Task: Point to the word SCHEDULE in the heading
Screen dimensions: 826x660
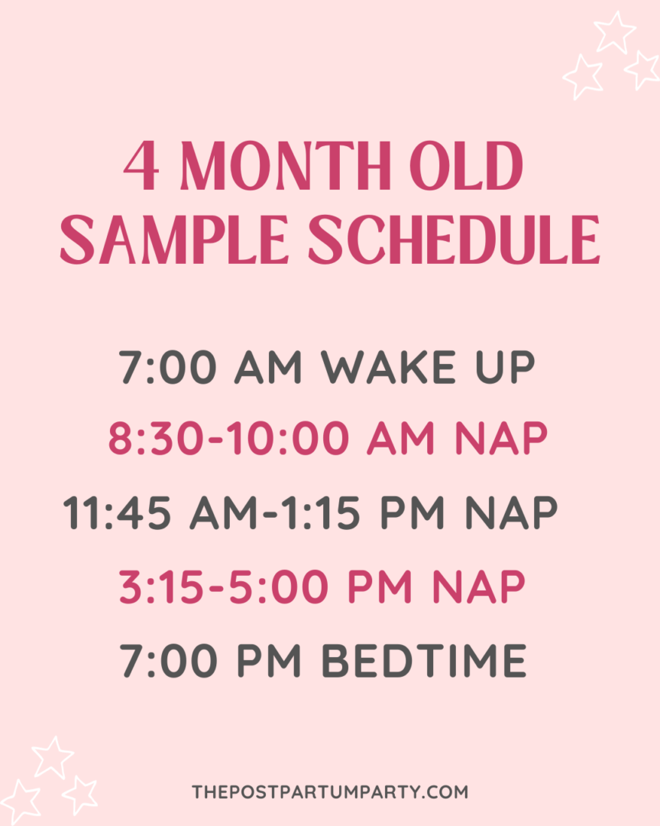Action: click(x=454, y=239)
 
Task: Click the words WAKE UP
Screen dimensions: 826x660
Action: click(x=428, y=368)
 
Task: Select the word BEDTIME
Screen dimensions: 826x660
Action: click(x=424, y=660)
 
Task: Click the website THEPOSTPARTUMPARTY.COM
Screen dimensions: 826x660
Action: click(x=330, y=792)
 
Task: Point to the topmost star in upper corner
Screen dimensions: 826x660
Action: click(x=615, y=32)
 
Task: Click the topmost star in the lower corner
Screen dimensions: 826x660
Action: click(x=53, y=756)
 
